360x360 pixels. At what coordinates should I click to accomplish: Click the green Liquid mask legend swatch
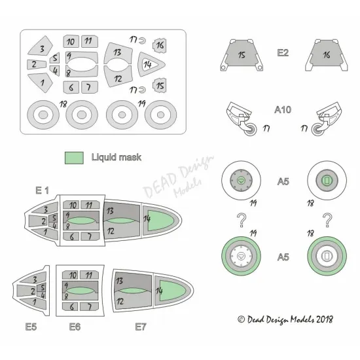74,158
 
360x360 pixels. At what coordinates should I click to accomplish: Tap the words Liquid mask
116,157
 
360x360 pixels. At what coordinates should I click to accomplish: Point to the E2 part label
283,53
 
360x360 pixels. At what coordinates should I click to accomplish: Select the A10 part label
283,110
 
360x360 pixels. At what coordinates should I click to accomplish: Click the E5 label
31,327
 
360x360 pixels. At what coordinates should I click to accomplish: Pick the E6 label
75,327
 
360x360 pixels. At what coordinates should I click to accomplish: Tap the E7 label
141,327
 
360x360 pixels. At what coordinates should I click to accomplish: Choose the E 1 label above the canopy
43,190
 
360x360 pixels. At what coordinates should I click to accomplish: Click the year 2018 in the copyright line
325,319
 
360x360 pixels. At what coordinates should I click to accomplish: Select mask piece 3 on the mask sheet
41,46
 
